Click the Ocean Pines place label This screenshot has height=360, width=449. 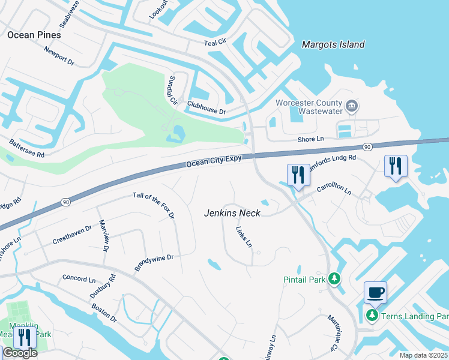tap(34, 35)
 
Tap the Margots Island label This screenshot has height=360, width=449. tap(333, 44)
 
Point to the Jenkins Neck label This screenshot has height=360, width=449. tap(232, 213)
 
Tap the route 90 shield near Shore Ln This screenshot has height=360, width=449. tap(366, 146)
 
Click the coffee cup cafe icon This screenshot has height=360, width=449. tap(375, 292)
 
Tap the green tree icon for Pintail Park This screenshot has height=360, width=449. tap(334, 279)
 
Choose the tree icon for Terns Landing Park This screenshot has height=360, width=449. tap(372, 316)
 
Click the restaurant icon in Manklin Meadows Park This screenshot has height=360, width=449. tap(25, 337)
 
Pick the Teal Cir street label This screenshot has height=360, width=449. tap(215, 43)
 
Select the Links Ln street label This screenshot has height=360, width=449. tap(244, 237)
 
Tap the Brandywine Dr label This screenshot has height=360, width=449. tap(154, 263)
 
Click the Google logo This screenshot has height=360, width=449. tap(20, 353)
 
